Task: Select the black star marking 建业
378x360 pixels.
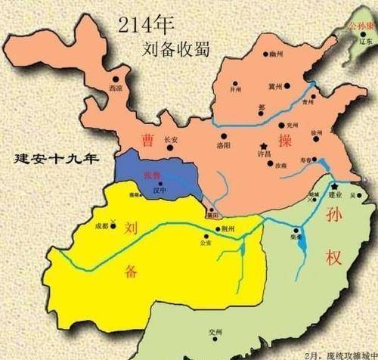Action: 333,185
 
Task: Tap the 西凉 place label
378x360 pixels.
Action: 116,88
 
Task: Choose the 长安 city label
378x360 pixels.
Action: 171,140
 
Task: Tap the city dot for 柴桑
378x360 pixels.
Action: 297,230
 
